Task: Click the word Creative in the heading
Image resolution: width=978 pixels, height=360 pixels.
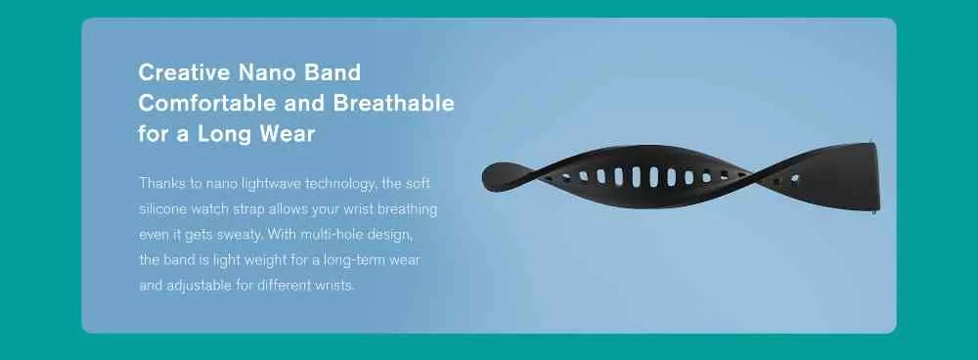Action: pos(184,72)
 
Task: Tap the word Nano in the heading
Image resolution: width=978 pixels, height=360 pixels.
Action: pos(260,72)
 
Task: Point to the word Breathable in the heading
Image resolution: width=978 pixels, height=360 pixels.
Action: pos(393,103)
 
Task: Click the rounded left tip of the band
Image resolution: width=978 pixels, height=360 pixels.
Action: pos(492,176)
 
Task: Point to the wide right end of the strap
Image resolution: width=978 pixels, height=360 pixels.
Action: pos(867,176)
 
